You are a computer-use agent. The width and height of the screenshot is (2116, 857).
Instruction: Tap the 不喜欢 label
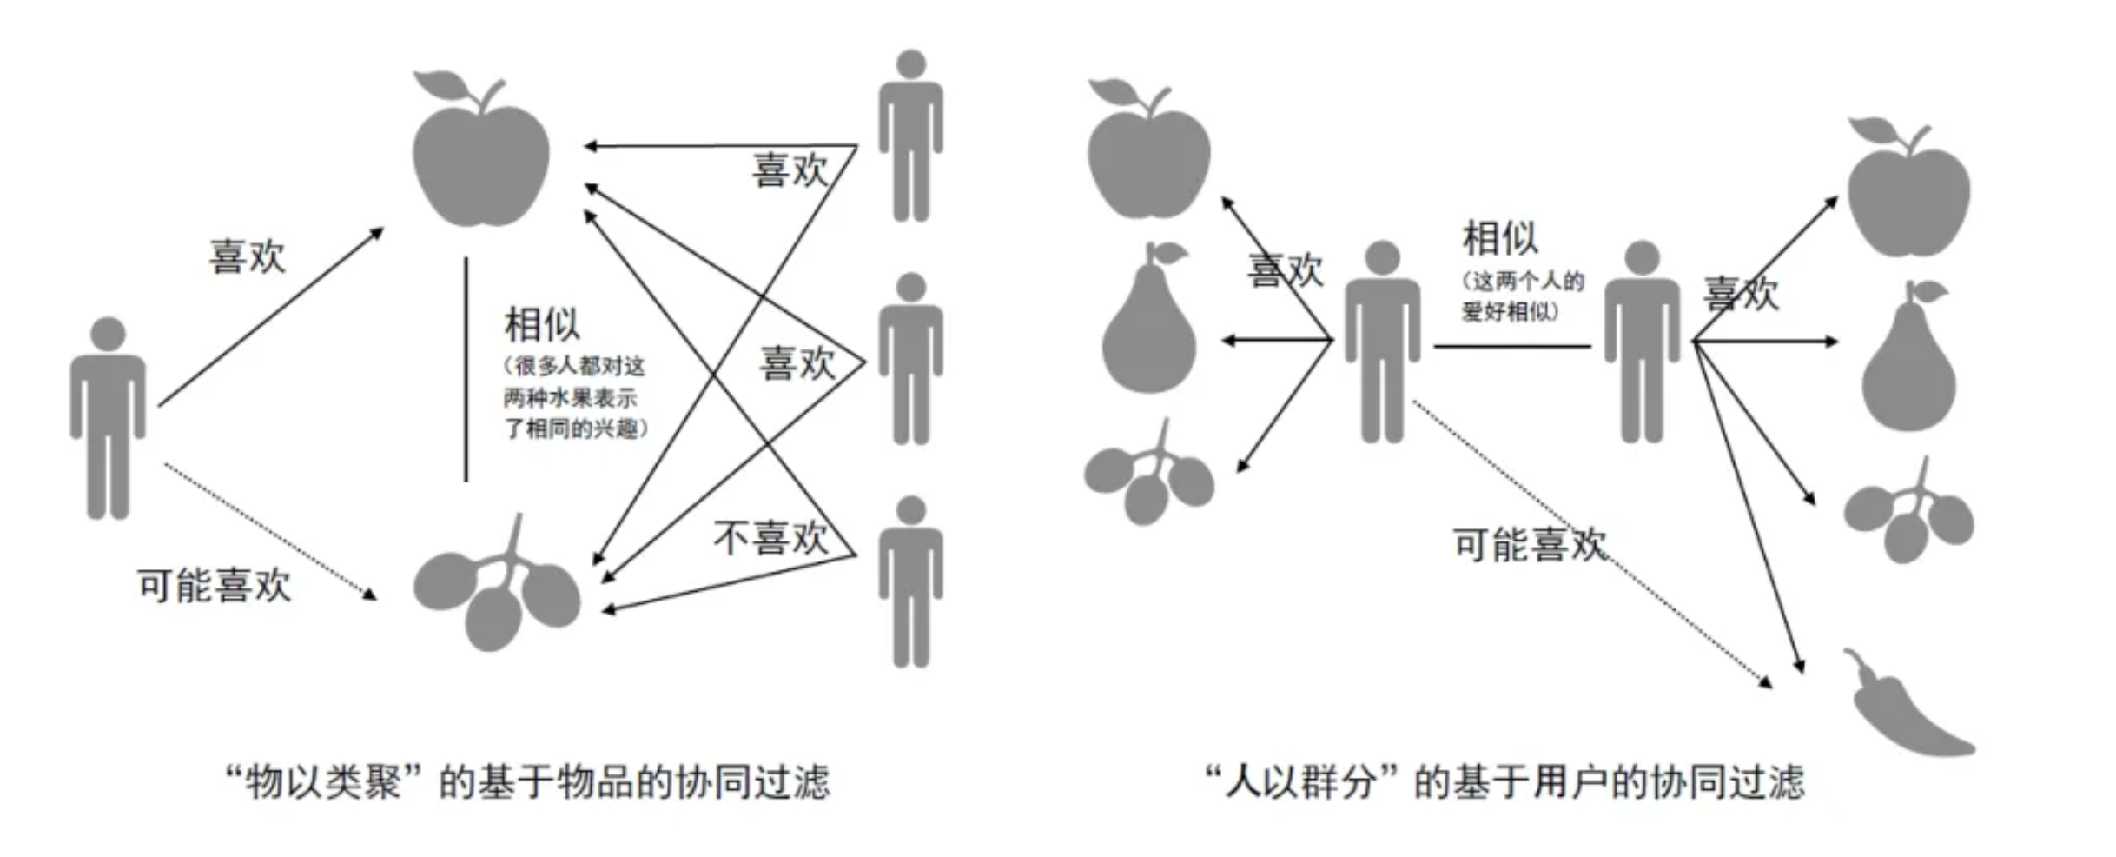(x=770, y=538)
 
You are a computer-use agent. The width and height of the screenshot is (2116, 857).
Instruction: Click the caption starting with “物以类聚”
(x=528, y=782)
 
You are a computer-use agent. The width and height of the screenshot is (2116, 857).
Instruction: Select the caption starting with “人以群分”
(x=1504, y=782)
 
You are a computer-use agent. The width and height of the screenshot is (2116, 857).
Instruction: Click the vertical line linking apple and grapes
(x=466, y=369)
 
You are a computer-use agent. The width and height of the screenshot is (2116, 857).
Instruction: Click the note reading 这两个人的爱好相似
(x=1522, y=296)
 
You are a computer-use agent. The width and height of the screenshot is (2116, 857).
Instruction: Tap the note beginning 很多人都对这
(x=574, y=397)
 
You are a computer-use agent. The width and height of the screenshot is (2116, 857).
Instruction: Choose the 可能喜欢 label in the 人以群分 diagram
(x=1529, y=545)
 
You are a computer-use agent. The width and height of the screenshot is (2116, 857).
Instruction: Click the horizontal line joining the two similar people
(x=1511, y=346)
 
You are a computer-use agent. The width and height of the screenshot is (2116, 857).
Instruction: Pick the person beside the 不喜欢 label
(x=910, y=582)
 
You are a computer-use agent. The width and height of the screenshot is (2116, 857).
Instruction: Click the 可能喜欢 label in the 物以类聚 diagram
(x=214, y=585)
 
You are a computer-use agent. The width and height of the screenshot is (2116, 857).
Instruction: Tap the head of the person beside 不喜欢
(x=910, y=510)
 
